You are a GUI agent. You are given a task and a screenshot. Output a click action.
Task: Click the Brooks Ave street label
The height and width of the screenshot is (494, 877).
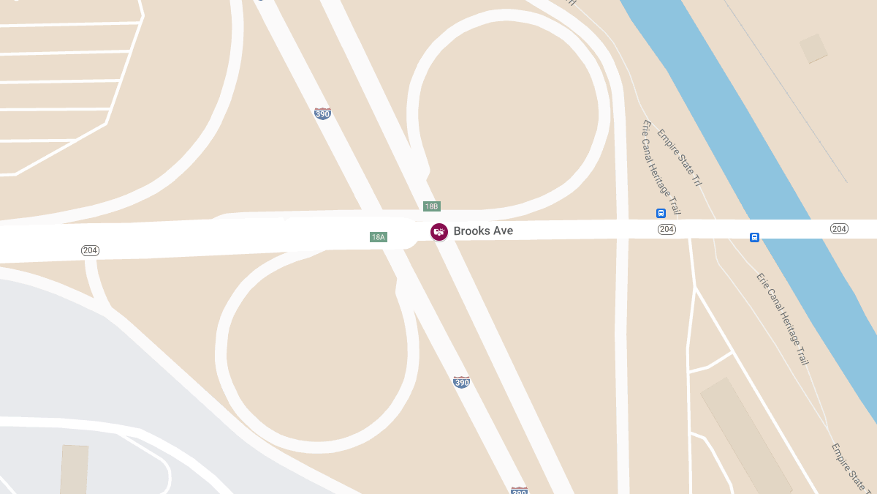tap(483, 231)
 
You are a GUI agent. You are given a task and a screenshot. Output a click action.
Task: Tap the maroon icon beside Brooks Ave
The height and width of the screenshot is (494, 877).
tap(439, 232)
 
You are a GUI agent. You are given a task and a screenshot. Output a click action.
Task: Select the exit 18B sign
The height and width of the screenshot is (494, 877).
tap(432, 206)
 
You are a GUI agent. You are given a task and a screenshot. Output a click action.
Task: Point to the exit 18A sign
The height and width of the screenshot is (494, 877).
tap(378, 237)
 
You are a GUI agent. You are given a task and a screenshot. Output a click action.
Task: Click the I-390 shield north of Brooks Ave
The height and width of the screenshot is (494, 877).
tap(322, 113)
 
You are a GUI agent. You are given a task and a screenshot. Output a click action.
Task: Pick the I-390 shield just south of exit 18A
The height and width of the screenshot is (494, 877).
tap(461, 382)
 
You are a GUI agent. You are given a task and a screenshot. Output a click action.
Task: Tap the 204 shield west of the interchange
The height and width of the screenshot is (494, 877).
tap(90, 250)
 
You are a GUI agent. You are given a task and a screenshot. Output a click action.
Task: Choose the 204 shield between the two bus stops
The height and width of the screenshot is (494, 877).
tap(667, 229)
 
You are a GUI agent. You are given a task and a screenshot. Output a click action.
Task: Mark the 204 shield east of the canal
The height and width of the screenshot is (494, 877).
tap(839, 229)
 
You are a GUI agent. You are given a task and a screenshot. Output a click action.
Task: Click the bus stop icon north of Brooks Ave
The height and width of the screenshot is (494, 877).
tap(661, 213)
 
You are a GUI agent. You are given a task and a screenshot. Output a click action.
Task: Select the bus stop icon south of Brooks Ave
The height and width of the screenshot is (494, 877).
tap(754, 237)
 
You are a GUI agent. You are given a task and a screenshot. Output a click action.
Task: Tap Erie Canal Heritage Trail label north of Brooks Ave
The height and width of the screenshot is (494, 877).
tap(661, 167)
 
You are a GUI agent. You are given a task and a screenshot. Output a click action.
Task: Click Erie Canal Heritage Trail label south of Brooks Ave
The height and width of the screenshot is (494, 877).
tap(783, 319)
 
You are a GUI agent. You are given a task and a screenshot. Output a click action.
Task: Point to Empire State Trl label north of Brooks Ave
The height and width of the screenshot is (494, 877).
tap(679, 157)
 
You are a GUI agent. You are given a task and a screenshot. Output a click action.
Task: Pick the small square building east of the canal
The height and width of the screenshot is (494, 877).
tap(813, 48)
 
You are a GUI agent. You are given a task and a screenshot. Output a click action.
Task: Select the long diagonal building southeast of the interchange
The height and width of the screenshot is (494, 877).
tap(745, 435)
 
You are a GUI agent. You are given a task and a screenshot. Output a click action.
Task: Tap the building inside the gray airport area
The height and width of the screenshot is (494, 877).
tap(73, 468)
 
